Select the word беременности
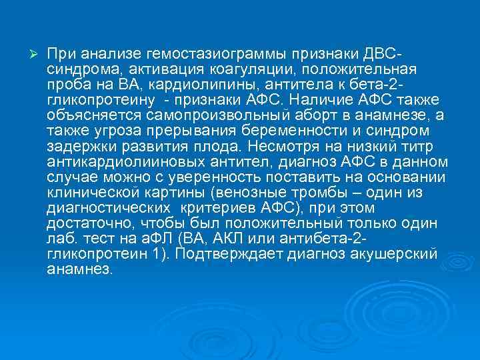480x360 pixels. coord(301,132)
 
